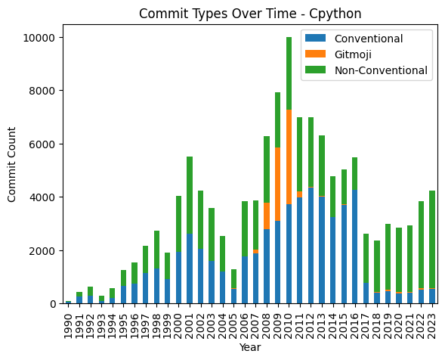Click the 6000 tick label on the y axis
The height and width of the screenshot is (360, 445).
tap(42, 144)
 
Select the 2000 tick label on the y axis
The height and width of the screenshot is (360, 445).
tap(42, 250)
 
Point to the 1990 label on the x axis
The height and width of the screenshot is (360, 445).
tap(69, 321)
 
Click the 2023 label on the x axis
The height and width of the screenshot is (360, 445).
tap(432, 321)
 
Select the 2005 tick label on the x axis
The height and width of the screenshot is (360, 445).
tap(234, 321)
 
